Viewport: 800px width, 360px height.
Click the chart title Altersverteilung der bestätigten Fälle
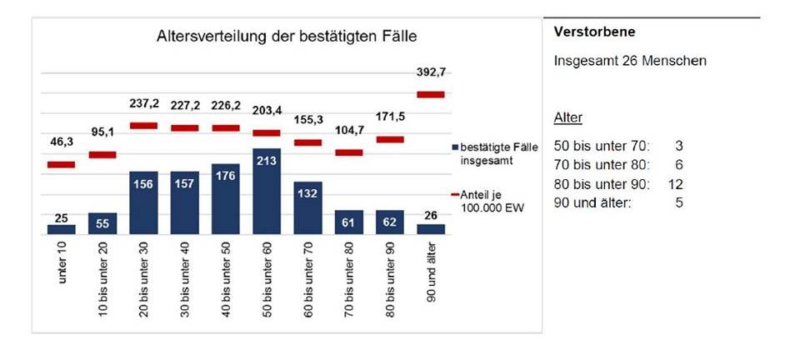click(286, 37)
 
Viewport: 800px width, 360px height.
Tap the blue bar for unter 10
click(62, 229)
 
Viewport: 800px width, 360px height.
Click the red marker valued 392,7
click(431, 94)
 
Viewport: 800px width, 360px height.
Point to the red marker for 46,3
click(62, 164)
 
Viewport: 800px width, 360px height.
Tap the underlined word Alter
click(569, 117)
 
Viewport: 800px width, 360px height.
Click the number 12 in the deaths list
click(676, 183)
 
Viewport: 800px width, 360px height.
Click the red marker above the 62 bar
click(390, 139)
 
